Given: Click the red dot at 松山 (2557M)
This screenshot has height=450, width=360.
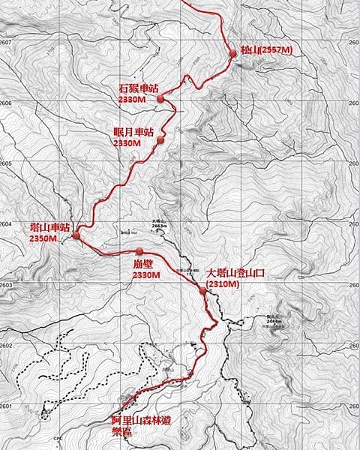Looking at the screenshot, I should point(231,51).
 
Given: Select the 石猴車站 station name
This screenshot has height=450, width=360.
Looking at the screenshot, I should point(139,88).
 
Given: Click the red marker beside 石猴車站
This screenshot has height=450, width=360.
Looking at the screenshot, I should point(160,98).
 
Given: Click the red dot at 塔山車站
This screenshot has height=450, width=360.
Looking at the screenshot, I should point(76,236).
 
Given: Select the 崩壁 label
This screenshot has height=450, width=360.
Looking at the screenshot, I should point(142,264).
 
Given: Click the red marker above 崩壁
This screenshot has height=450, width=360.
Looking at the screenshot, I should point(139,250).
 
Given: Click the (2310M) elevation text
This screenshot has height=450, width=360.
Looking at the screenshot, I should point(223,285).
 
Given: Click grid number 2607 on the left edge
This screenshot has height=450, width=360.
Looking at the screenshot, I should point(6,43).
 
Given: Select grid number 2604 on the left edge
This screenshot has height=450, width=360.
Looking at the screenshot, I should point(6,224).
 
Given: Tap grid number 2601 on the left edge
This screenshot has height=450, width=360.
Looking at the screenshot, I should point(6,406).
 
